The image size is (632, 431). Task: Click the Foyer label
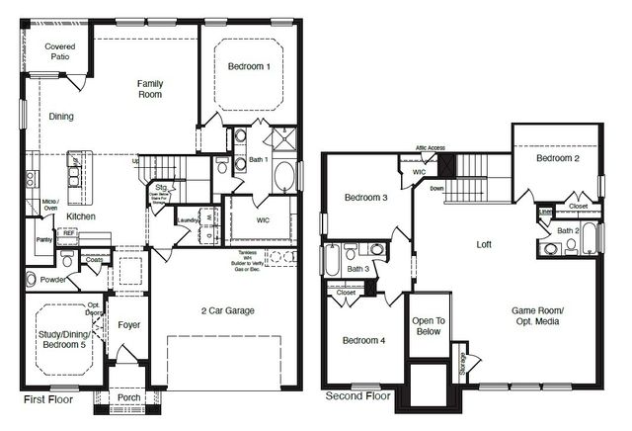tap(128, 324)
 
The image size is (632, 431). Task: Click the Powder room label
tap(54, 280)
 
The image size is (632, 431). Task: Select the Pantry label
tap(42, 239)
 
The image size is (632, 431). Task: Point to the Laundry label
tap(188, 220)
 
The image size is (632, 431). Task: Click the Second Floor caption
tap(357, 396)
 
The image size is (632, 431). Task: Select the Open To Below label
tap(429, 327)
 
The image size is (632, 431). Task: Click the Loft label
tap(484, 243)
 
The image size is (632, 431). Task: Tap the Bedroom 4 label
tap(363, 340)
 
